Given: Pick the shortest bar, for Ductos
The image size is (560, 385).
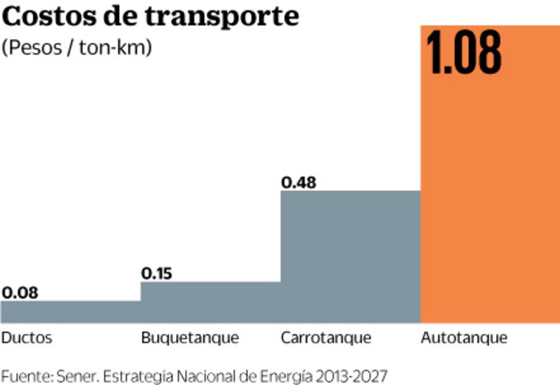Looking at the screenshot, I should pyautogui.click(x=71, y=312).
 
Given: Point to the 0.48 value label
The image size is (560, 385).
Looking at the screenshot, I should pyautogui.click(x=299, y=183).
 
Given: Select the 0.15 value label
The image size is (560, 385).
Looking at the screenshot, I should pyautogui.click(x=158, y=273).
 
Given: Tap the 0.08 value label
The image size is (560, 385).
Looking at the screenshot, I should pyautogui.click(x=19, y=292).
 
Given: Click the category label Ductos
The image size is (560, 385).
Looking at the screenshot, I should pyautogui.click(x=27, y=338).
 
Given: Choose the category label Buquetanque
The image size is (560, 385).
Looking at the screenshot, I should pyautogui.click(x=190, y=339).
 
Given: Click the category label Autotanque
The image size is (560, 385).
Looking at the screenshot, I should pyautogui.click(x=464, y=338).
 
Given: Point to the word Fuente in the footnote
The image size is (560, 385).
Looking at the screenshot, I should pyautogui.click(x=27, y=376).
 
